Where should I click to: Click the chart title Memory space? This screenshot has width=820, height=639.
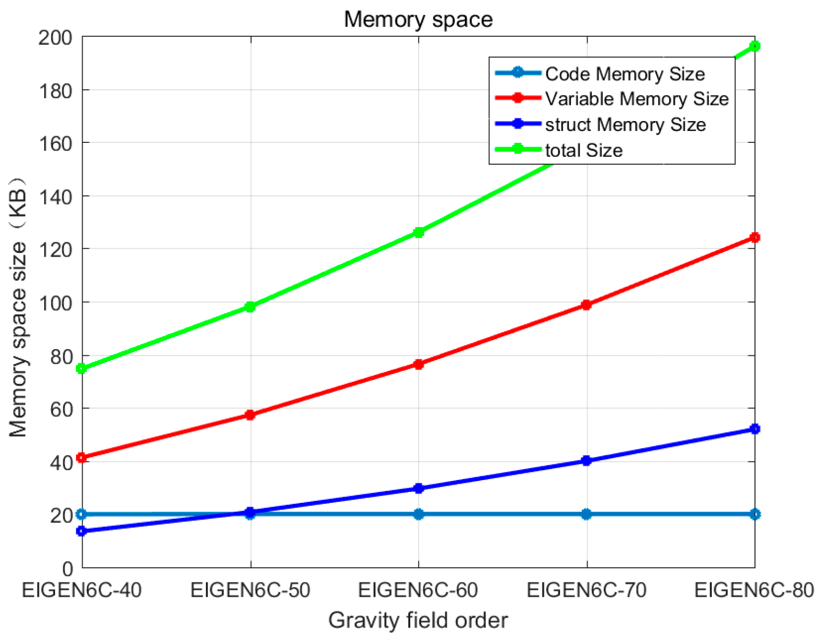click(418, 20)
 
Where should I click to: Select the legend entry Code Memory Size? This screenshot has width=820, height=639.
click(624, 74)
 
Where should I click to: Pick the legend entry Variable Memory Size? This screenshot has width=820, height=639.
click(636, 99)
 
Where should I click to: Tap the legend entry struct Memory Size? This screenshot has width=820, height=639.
click(625, 125)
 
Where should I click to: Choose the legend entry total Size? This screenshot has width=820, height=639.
click(583, 150)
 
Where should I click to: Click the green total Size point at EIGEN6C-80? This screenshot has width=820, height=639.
click(754, 46)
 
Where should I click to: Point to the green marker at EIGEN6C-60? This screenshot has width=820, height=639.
click(419, 232)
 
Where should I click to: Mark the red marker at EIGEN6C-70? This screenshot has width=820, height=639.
click(587, 305)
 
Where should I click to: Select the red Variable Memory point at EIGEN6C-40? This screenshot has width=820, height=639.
click(82, 458)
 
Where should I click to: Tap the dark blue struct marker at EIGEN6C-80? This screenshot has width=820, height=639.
click(754, 429)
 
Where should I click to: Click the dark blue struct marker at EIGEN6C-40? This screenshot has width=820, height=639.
click(82, 531)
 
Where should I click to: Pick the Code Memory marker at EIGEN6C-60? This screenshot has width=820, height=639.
click(419, 514)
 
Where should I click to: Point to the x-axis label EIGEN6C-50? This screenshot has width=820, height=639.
click(250, 590)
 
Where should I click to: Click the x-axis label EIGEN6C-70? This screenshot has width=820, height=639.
click(587, 590)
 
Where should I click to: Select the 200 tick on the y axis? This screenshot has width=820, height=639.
click(55, 37)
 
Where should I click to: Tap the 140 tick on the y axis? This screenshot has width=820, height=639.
click(55, 196)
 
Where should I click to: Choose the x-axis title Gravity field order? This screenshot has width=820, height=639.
click(418, 620)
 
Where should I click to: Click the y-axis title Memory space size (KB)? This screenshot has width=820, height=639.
click(18, 307)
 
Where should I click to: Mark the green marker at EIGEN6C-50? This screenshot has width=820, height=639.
click(250, 307)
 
